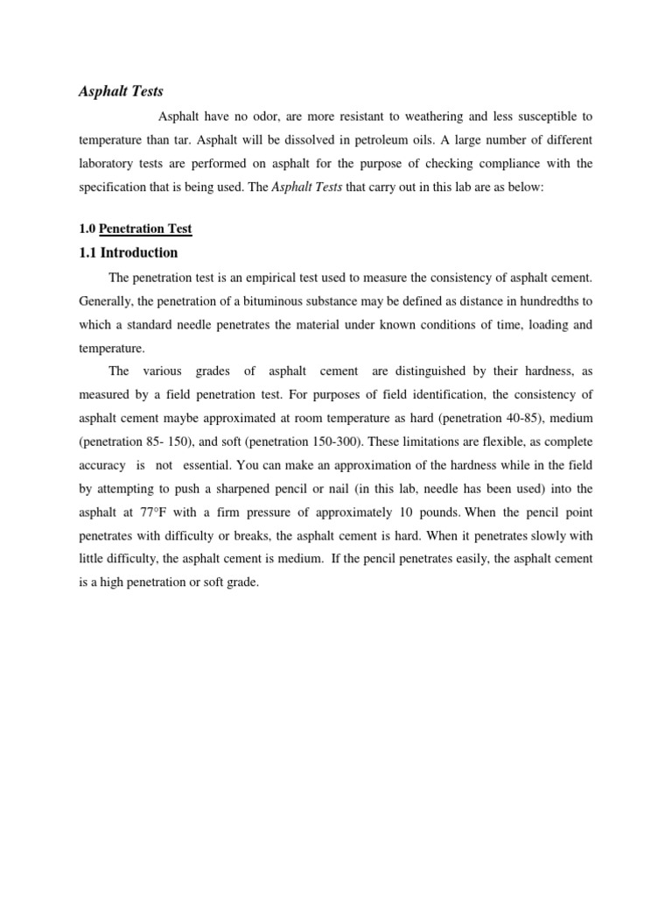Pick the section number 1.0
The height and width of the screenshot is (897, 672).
point(87,230)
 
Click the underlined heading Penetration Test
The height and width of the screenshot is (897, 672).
point(145,230)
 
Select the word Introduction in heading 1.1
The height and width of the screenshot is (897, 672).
point(142,253)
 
